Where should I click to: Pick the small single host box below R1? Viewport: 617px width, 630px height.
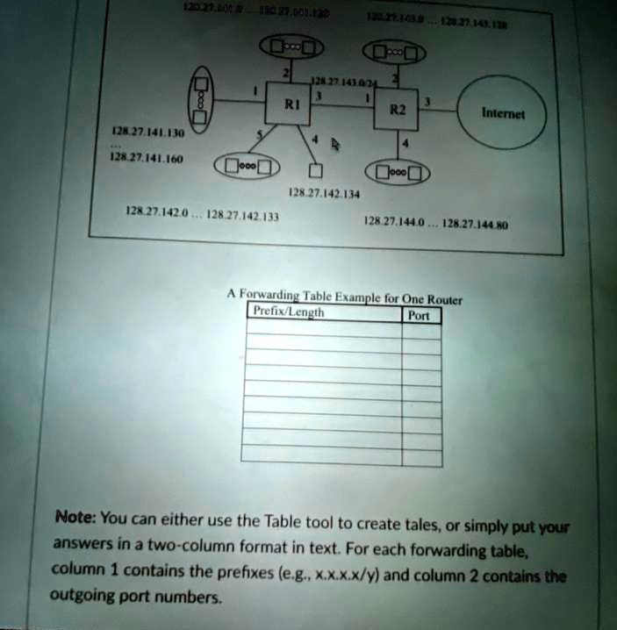point(317,169)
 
